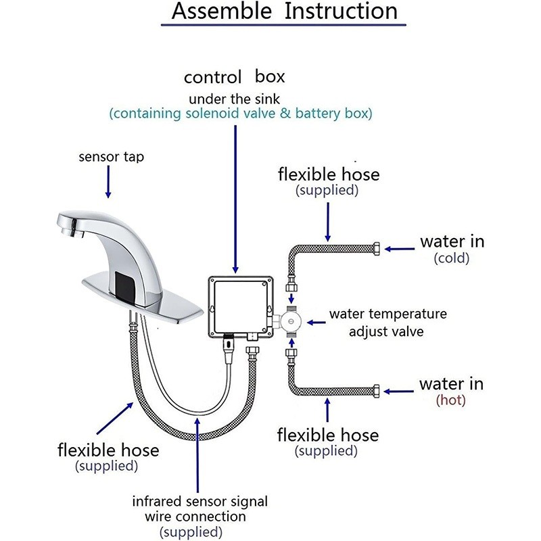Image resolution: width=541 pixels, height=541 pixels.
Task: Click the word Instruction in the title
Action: pos(341,11)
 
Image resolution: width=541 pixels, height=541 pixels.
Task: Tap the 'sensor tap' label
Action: pos(111,158)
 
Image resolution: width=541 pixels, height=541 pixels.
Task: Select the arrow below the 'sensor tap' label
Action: pos(108,183)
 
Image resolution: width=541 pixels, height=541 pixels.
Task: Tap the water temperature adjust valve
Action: pos(291,318)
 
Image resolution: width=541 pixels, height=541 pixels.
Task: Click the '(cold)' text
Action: pos(452,258)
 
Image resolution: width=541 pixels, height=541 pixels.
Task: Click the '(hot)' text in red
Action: pos(451,400)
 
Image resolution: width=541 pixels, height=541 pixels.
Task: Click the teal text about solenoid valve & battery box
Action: pos(241,113)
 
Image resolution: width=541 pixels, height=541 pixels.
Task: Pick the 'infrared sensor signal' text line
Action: pos(199,502)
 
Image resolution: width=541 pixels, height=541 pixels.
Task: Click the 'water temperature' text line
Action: pos(387,314)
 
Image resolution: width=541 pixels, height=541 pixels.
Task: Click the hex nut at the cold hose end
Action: pos(377,248)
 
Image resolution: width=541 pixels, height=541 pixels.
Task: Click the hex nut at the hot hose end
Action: pos(377,390)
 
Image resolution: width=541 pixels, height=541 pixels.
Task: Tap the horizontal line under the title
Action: pos(283,26)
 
